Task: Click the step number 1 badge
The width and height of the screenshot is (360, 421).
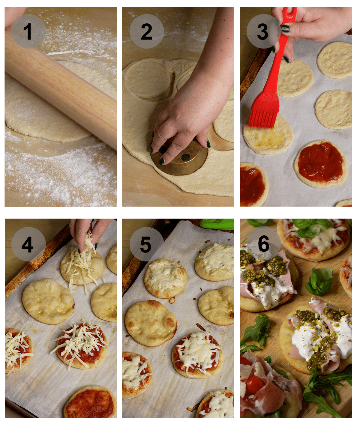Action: coord(28,31)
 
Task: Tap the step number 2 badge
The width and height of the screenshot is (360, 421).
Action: coord(146,31)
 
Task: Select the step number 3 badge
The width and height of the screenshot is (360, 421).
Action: coord(263,31)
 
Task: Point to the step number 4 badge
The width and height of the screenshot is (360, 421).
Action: coord(28,244)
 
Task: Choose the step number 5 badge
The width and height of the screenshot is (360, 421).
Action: coord(146,244)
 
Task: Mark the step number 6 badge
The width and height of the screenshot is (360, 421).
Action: coord(264,243)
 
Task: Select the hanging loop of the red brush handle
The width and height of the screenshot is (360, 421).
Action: coord(290,13)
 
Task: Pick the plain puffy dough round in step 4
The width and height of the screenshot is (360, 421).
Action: coord(48,301)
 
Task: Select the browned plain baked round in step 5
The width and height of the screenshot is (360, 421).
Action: coord(151,323)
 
